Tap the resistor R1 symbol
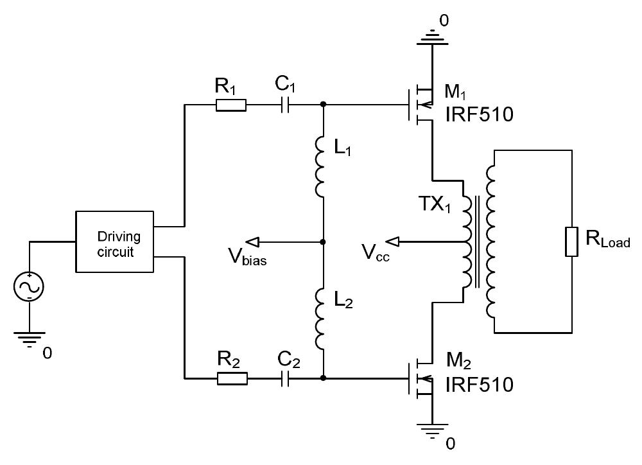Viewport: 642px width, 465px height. (x=230, y=105)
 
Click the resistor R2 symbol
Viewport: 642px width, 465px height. (x=232, y=378)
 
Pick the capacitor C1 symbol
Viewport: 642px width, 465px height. (x=286, y=105)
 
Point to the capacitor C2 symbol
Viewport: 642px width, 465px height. (x=286, y=378)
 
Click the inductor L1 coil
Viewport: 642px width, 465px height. (x=321, y=166)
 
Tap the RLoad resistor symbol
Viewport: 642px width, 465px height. (x=571, y=242)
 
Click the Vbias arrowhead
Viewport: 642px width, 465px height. (x=252, y=242)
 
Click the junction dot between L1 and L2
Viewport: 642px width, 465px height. (x=323, y=242)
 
